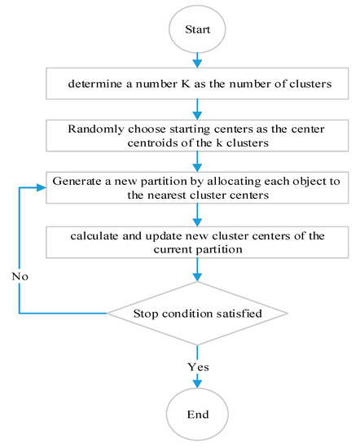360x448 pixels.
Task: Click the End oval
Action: (x=197, y=414)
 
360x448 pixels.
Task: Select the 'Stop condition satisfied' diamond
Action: (x=197, y=313)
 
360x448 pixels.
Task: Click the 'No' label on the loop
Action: (x=22, y=276)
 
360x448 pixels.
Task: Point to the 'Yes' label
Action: (x=198, y=367)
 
